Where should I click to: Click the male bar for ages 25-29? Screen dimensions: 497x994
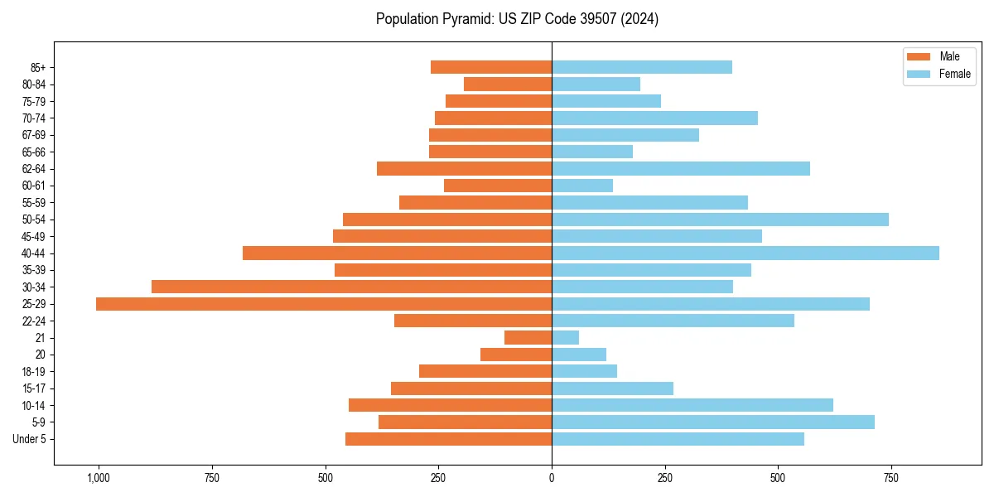323,304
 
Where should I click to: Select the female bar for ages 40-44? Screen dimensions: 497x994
745,253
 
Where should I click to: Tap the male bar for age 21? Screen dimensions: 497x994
528,338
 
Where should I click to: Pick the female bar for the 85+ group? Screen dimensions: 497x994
642,67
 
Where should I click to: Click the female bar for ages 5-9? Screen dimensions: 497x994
713,422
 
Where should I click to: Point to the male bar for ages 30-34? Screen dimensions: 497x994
351,287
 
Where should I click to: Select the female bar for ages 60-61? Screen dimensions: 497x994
582,186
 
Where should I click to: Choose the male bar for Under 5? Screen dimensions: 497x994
448,439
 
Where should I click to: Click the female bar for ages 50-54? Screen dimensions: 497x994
720,220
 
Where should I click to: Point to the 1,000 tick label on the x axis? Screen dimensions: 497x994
99,478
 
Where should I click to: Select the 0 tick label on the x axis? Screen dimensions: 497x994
552,478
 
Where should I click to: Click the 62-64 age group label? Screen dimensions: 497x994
34,169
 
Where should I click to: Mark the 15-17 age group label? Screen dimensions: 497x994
34,388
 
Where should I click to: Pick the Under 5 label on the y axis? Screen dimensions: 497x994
30,439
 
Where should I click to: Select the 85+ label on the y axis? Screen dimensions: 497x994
38,67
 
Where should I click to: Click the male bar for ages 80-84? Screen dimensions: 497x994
508,84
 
